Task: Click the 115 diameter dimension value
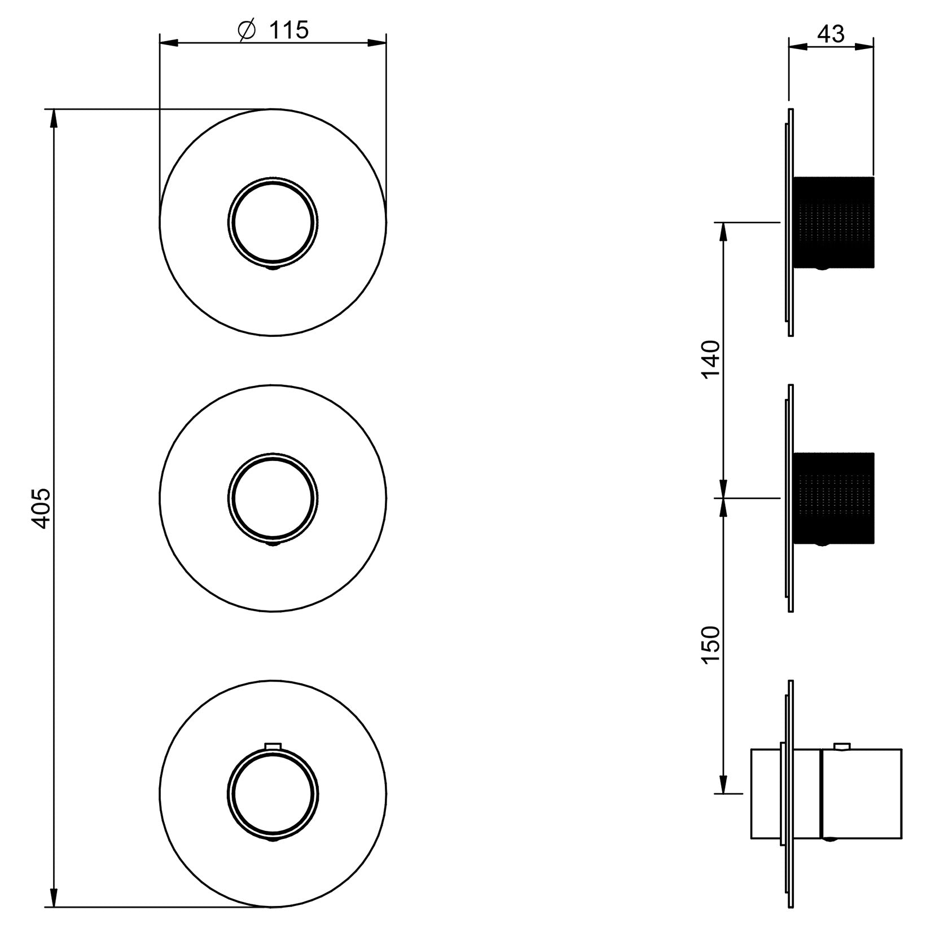click(288, 30)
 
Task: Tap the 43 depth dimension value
click(831, 34)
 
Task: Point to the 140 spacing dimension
click(712, 359)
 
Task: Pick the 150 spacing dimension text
click(712, 645)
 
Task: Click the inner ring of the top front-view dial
click(273, 222)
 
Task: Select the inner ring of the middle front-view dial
click(273, 499)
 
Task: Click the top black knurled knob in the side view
click(834, 222)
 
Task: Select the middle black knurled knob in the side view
click(834, 499)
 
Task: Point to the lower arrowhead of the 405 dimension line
click(54, 896)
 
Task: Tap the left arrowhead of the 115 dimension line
click(170, 42)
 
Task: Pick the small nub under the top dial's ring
click(273, 269)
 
